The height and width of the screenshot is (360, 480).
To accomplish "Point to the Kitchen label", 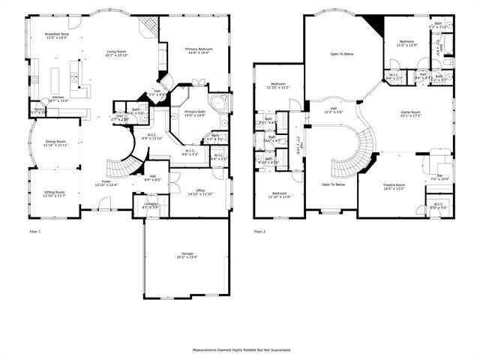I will (x=58, y=98).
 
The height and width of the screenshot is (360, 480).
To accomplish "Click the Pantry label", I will (x=38, y=110).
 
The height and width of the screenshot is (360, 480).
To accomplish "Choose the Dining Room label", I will (x=56, y=142).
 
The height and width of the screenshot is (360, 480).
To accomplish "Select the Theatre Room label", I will (x=394, y=186).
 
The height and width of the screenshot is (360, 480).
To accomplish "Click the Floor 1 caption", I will (x=34, y=232).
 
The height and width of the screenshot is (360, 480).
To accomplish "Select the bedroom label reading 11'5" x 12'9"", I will (x=407, y=43).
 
